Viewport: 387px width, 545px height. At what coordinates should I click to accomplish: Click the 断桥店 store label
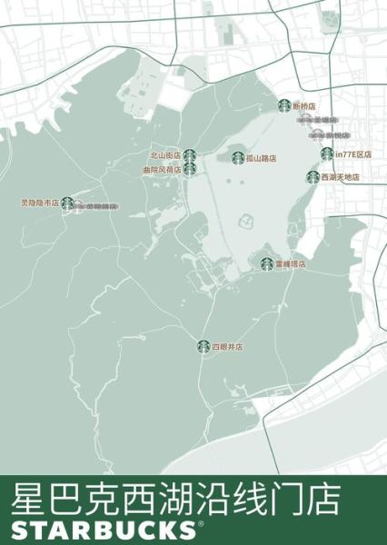tap(304, 106)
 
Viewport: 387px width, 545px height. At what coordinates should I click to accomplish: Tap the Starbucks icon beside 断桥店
tap(284, 106)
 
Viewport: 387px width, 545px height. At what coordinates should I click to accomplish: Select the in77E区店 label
tap(353, 154)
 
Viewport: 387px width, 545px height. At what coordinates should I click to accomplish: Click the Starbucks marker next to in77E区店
tap(327, 154)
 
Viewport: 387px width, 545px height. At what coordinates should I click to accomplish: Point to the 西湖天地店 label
tap(341, 177)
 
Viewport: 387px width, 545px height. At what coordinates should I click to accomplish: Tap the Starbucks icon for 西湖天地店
tap(313, 177)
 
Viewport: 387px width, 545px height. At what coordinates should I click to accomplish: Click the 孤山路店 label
tap(261, 158)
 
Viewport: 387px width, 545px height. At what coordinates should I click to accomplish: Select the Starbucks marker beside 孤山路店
tap(238, 158)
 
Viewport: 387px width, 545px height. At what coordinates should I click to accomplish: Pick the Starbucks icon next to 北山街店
tap(189, 156)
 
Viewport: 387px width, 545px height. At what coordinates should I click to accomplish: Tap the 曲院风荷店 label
tap(162, 169)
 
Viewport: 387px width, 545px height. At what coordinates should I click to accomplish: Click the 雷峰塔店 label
tap(291, 264)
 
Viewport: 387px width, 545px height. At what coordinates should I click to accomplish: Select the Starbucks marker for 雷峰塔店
tap(267, 264)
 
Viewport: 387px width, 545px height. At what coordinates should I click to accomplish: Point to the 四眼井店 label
tap(227, 347)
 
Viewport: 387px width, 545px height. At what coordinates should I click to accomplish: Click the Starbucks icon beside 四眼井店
tap(203, 346)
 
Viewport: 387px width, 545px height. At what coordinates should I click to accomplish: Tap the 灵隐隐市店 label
tap(39, 203)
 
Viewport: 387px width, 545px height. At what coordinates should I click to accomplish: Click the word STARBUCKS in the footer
tap(101, 530)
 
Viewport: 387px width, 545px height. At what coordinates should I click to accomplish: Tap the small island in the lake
tap(245, 220)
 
